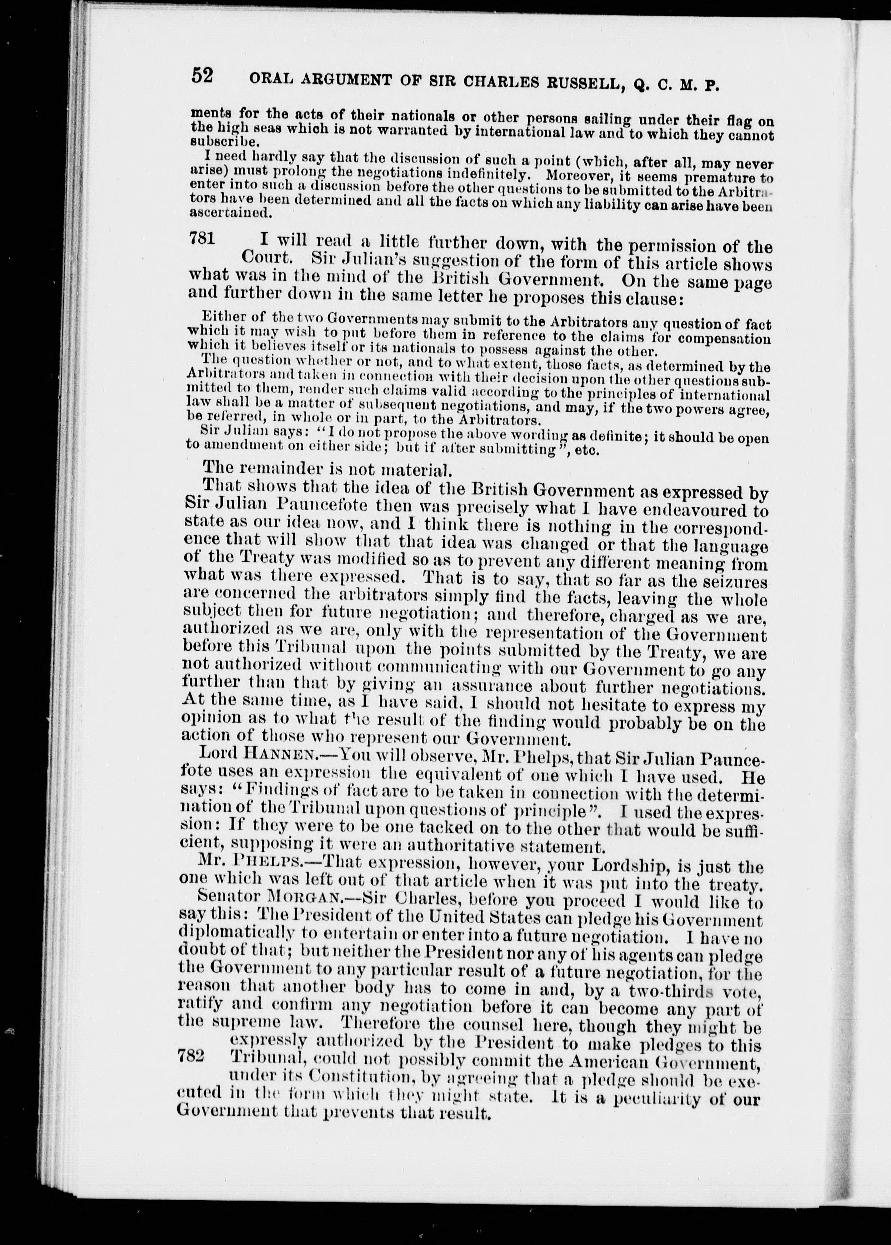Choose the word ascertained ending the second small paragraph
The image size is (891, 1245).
coord(218,213)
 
